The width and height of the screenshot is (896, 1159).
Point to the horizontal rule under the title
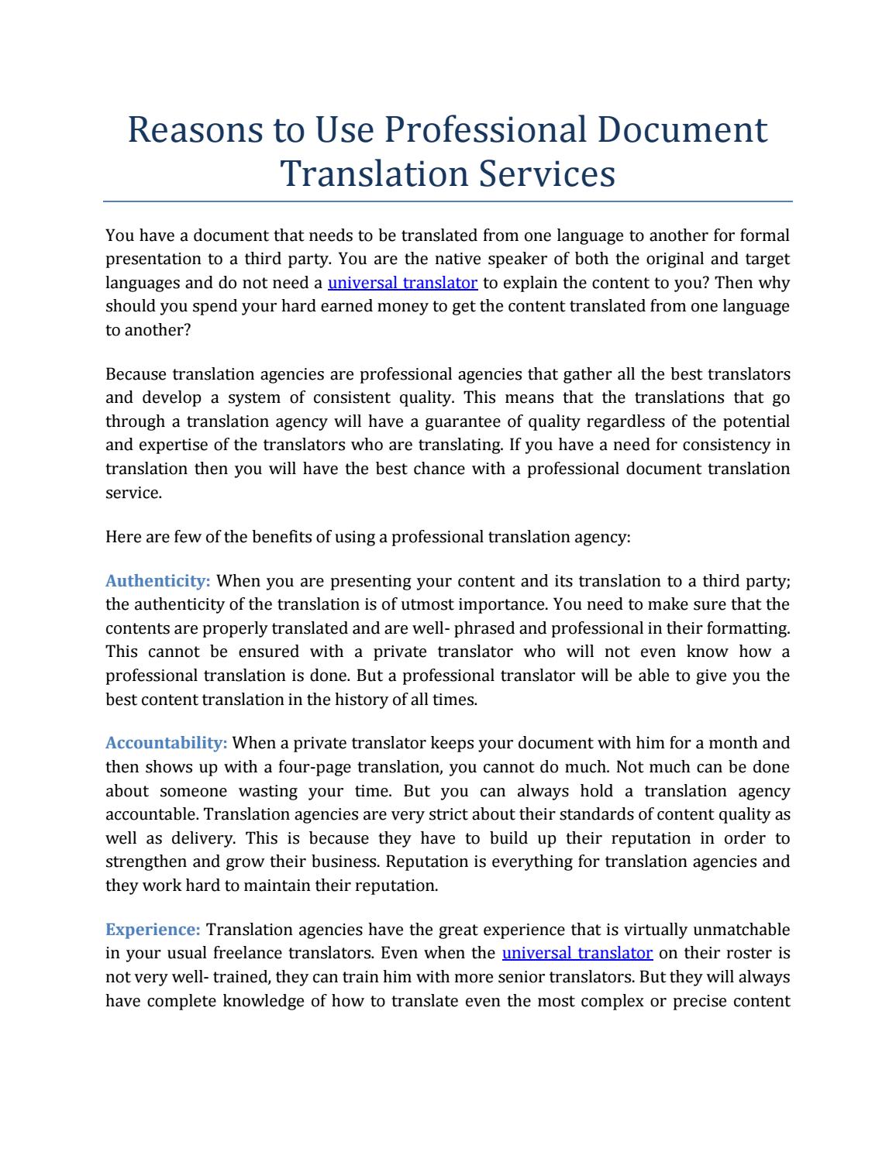[x=448, y=201]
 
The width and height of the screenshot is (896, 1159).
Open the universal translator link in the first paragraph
[x=402, y=283]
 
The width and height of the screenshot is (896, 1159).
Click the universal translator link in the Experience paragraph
[x=577, y=953]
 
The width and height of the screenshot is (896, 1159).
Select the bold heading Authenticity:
[x=158, y=581]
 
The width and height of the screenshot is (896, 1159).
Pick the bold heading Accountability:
[x=167, y=744]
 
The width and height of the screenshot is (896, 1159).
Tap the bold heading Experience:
[x=153, y=930]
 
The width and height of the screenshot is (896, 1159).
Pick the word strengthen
[x=146, y=862]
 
